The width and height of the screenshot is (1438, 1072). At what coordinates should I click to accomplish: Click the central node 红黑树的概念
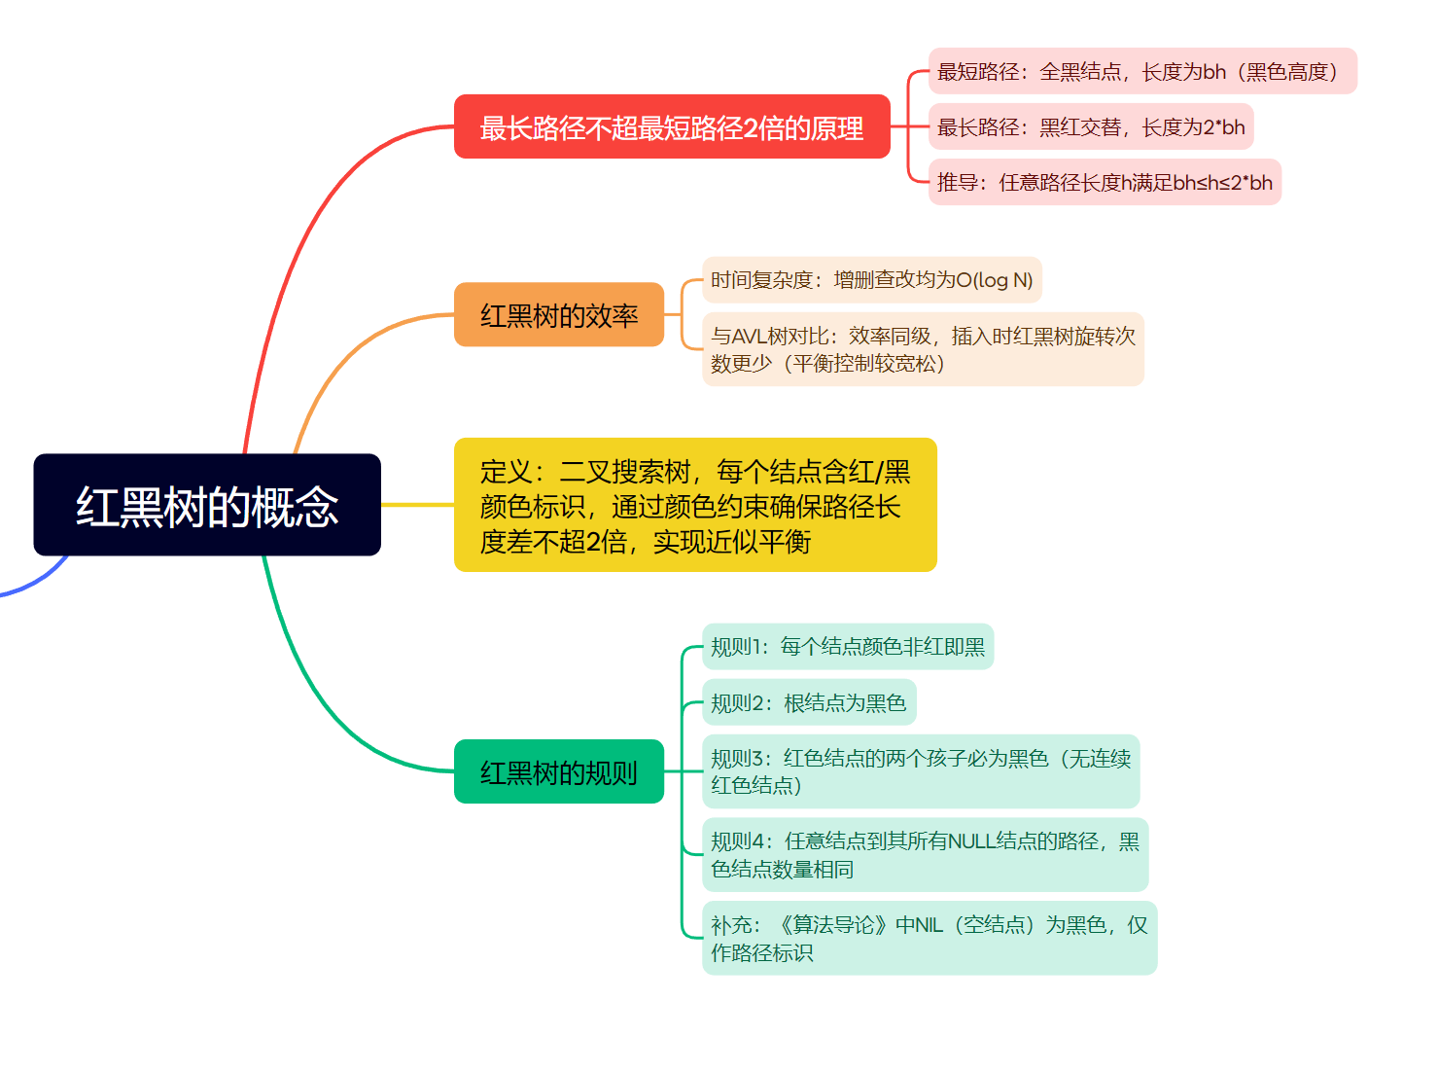tap(207, 506)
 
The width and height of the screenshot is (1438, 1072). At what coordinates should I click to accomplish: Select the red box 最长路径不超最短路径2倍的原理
tap(672, 127)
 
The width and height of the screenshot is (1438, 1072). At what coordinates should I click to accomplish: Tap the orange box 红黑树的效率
tap(559, 315)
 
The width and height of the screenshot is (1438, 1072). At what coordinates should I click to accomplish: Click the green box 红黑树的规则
tap(559, 772)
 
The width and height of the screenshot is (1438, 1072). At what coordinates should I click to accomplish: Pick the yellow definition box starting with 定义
tap(695, 506)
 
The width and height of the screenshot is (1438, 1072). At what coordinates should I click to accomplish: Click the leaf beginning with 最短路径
tap(1141, 72)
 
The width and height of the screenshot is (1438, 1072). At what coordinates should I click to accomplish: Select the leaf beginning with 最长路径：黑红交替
tap(1090, 127)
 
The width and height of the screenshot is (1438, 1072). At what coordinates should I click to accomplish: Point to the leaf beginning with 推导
tap(1104, 183)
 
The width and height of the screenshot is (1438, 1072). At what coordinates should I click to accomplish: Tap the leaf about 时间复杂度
tap(871, 280)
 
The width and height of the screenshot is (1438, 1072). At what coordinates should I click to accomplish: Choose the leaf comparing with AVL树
tap(923, 349)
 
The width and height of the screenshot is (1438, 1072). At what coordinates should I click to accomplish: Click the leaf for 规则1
tap(847, 647)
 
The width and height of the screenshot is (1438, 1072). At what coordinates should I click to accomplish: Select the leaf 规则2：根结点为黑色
tap(809, 702)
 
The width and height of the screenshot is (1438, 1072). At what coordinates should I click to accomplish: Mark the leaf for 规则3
tap(920, 771)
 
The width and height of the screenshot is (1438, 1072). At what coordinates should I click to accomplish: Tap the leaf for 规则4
tap(925, 855)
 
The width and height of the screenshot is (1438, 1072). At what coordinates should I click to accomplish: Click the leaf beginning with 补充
tap(929, 939)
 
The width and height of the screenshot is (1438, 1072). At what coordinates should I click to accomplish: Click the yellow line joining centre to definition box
tap(417, 505)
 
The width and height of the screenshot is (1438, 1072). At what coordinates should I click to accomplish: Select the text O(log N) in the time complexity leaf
tap(995, 280)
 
